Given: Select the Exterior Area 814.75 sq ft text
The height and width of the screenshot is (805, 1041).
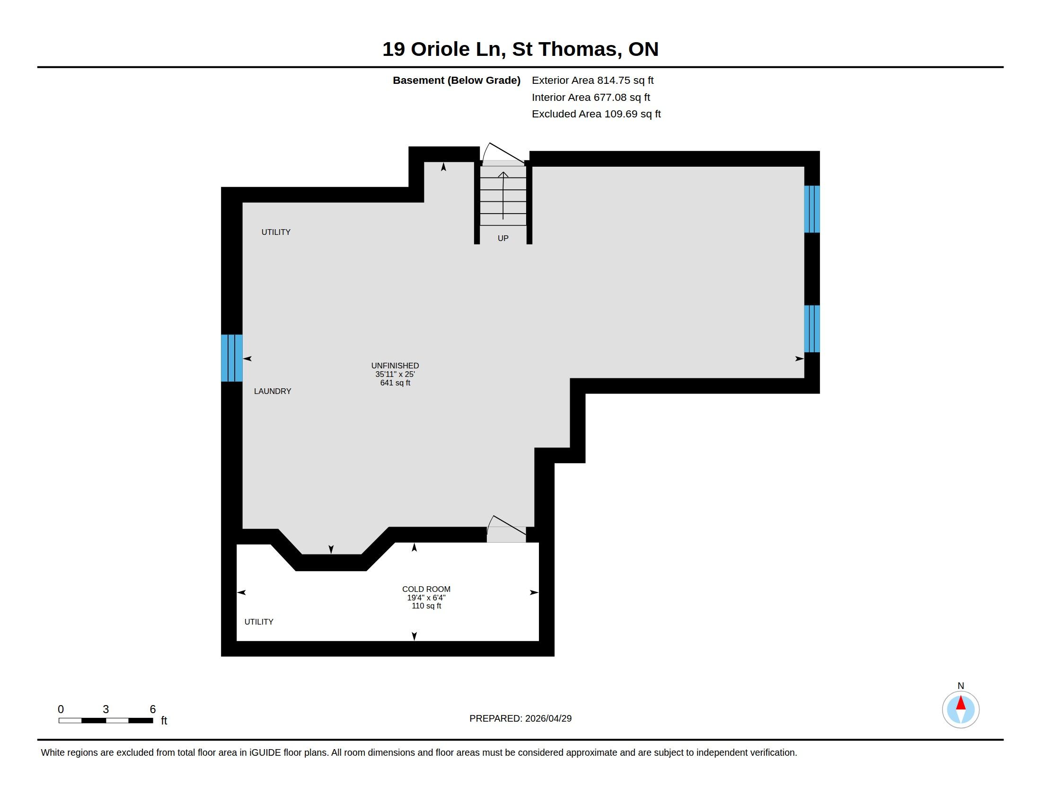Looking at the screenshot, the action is (592, 80).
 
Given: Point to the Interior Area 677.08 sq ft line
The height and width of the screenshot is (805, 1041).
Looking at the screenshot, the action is (591, 97).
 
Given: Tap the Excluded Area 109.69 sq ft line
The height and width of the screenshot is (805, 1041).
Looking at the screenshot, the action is (596, 114).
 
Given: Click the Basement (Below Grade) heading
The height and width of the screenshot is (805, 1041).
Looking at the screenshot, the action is (456, 80).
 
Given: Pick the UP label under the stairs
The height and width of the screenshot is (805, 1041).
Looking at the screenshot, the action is (503, 238).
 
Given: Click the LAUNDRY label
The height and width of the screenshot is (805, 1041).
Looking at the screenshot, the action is (272, 391).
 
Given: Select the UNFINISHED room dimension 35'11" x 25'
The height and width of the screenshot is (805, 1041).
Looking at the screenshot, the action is (395, 375).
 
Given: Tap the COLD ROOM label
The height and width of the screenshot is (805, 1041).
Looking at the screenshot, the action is (426, 589).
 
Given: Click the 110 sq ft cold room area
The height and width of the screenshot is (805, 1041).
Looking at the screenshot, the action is (426, 606).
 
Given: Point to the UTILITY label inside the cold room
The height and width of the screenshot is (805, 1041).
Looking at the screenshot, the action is (259, 622).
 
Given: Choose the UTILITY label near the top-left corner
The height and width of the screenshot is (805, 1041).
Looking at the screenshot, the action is (275, 232).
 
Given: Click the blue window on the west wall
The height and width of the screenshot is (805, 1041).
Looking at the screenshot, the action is (232, 358).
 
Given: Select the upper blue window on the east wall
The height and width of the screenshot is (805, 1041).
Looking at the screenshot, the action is (812, 209).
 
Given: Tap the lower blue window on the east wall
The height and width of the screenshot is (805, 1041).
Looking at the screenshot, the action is (812, 329).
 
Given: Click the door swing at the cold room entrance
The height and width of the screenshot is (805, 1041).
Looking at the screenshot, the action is (506, 528).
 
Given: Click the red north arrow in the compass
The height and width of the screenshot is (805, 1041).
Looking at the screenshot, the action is (961, 703).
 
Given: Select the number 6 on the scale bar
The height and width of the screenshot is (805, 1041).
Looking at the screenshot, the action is (152, 709).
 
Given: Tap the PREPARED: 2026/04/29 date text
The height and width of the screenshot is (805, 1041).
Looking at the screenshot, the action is (520, 718).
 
